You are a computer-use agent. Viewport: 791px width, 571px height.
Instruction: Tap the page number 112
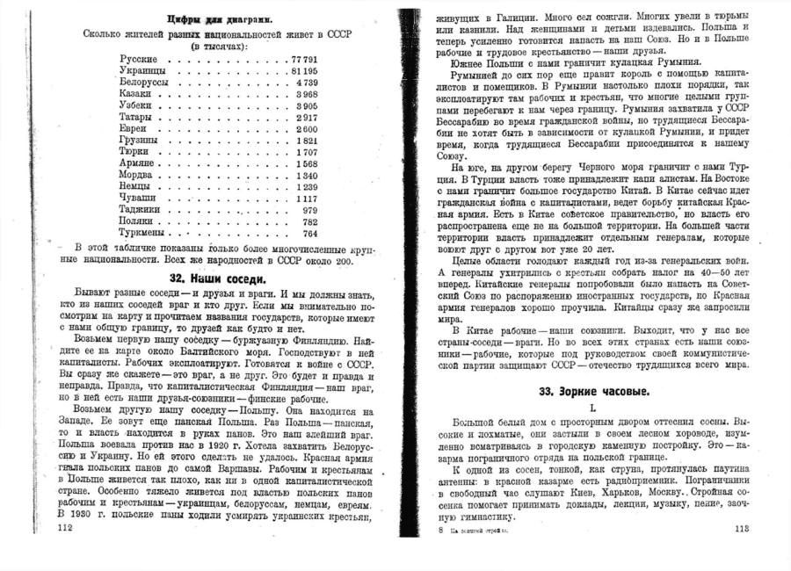tap(63, 527)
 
